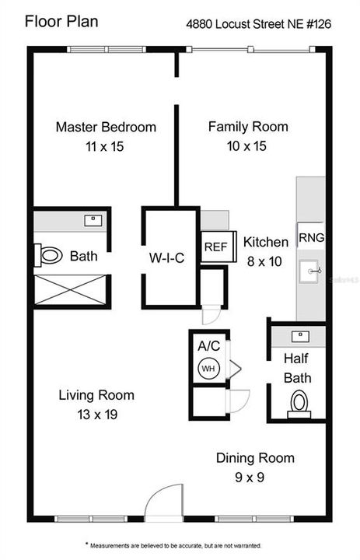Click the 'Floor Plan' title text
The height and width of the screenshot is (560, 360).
(61, 21)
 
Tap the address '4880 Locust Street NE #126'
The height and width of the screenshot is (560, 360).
(258, 24)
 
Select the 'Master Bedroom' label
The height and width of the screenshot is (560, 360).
(105, 127)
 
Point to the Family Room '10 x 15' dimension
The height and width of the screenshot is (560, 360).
(247, 145)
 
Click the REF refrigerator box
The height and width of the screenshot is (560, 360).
(215, 247)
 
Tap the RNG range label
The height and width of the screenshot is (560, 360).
(311, 237)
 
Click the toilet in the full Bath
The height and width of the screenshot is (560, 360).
(49, 255)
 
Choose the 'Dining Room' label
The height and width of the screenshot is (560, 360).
(255, 458)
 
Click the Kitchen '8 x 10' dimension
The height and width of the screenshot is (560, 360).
(265, 261)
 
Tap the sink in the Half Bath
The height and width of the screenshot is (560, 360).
(298, 336)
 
